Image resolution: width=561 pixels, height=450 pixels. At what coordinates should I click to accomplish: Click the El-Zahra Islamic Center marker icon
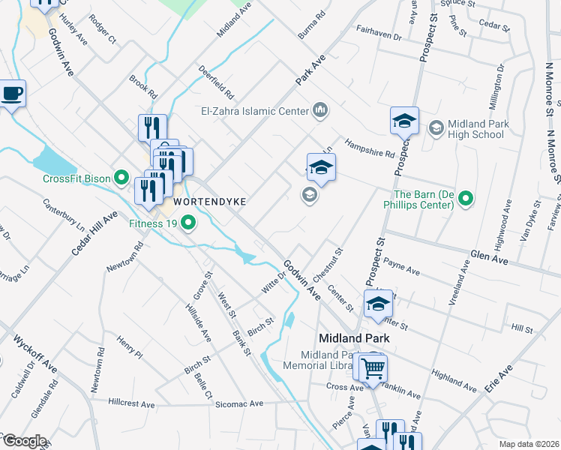(321, 111)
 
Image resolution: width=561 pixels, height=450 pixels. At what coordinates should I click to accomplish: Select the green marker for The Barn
(466, 199)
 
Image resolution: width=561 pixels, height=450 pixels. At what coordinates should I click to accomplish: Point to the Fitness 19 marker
(188, 222)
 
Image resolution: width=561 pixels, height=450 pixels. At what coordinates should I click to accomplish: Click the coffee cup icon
(12, 94)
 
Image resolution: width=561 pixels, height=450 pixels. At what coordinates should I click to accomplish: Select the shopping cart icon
(372, 368)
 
